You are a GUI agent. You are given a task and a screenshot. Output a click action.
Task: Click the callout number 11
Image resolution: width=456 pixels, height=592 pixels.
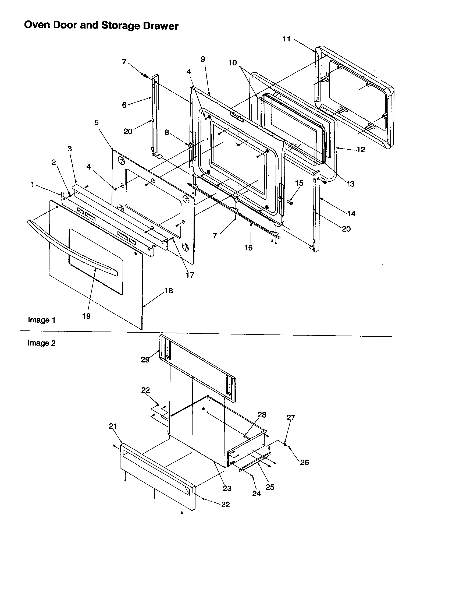(x=287, y=39)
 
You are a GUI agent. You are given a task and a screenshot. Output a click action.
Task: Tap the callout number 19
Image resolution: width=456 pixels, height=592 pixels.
(x=86, y=316)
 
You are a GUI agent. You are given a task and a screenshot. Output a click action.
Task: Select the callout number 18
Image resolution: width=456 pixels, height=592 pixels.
(x=169, y=291)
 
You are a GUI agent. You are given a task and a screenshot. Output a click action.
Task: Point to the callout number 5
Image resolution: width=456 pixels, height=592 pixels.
(x=97, y=122)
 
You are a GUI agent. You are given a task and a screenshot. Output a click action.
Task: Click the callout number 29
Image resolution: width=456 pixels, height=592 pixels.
(x=145, y=360)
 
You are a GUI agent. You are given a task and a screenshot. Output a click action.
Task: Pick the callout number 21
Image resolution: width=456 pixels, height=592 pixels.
(x=113, y=427)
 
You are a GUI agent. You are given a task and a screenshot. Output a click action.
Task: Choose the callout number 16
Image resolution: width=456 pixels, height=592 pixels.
(x=248, y=248)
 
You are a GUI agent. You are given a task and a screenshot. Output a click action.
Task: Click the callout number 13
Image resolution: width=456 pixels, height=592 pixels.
(x=350, y=184)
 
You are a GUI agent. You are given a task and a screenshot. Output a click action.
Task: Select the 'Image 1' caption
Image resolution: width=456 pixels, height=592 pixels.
(x=41, y=320)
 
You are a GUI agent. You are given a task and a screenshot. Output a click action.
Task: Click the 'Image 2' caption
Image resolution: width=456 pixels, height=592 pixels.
(x=41, y=343)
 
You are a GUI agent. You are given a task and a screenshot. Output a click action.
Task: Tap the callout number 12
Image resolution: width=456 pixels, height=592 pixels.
(x=361, y=149)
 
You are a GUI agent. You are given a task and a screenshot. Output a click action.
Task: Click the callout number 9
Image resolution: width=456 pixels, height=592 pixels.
(x=203, y=59)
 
